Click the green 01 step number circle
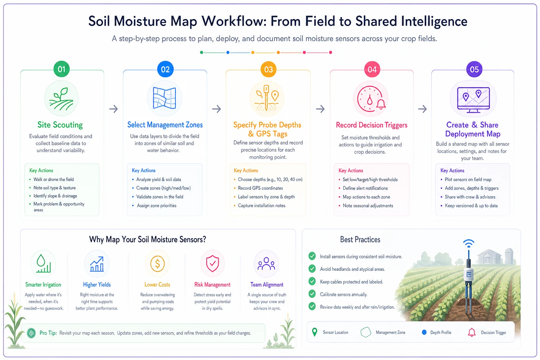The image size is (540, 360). [62, 69]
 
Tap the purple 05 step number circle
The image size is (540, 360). [474, 70]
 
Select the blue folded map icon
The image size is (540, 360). [165, 98]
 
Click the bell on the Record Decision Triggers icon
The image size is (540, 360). [381, 104]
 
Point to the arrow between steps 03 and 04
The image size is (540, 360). [320, 109]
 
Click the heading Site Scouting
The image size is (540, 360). [60, 125]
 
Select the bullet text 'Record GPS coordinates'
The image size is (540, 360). [261, 188]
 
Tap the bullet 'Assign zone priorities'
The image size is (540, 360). [156, 206]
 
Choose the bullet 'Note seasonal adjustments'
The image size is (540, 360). [368, 206]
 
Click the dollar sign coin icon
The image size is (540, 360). [157, 264]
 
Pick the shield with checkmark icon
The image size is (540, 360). [212, 264]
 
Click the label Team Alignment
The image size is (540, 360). [266, 285]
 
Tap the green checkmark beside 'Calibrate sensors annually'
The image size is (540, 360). [312, 294]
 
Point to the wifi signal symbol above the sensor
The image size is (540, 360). [469, 243]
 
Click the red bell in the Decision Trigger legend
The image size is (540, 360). [471, 332]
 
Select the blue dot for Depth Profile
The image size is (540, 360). [424, 332]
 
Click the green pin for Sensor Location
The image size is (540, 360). [315, 332]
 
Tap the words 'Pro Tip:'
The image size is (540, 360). [48, 333]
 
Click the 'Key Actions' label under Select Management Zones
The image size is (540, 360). [144, 171]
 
